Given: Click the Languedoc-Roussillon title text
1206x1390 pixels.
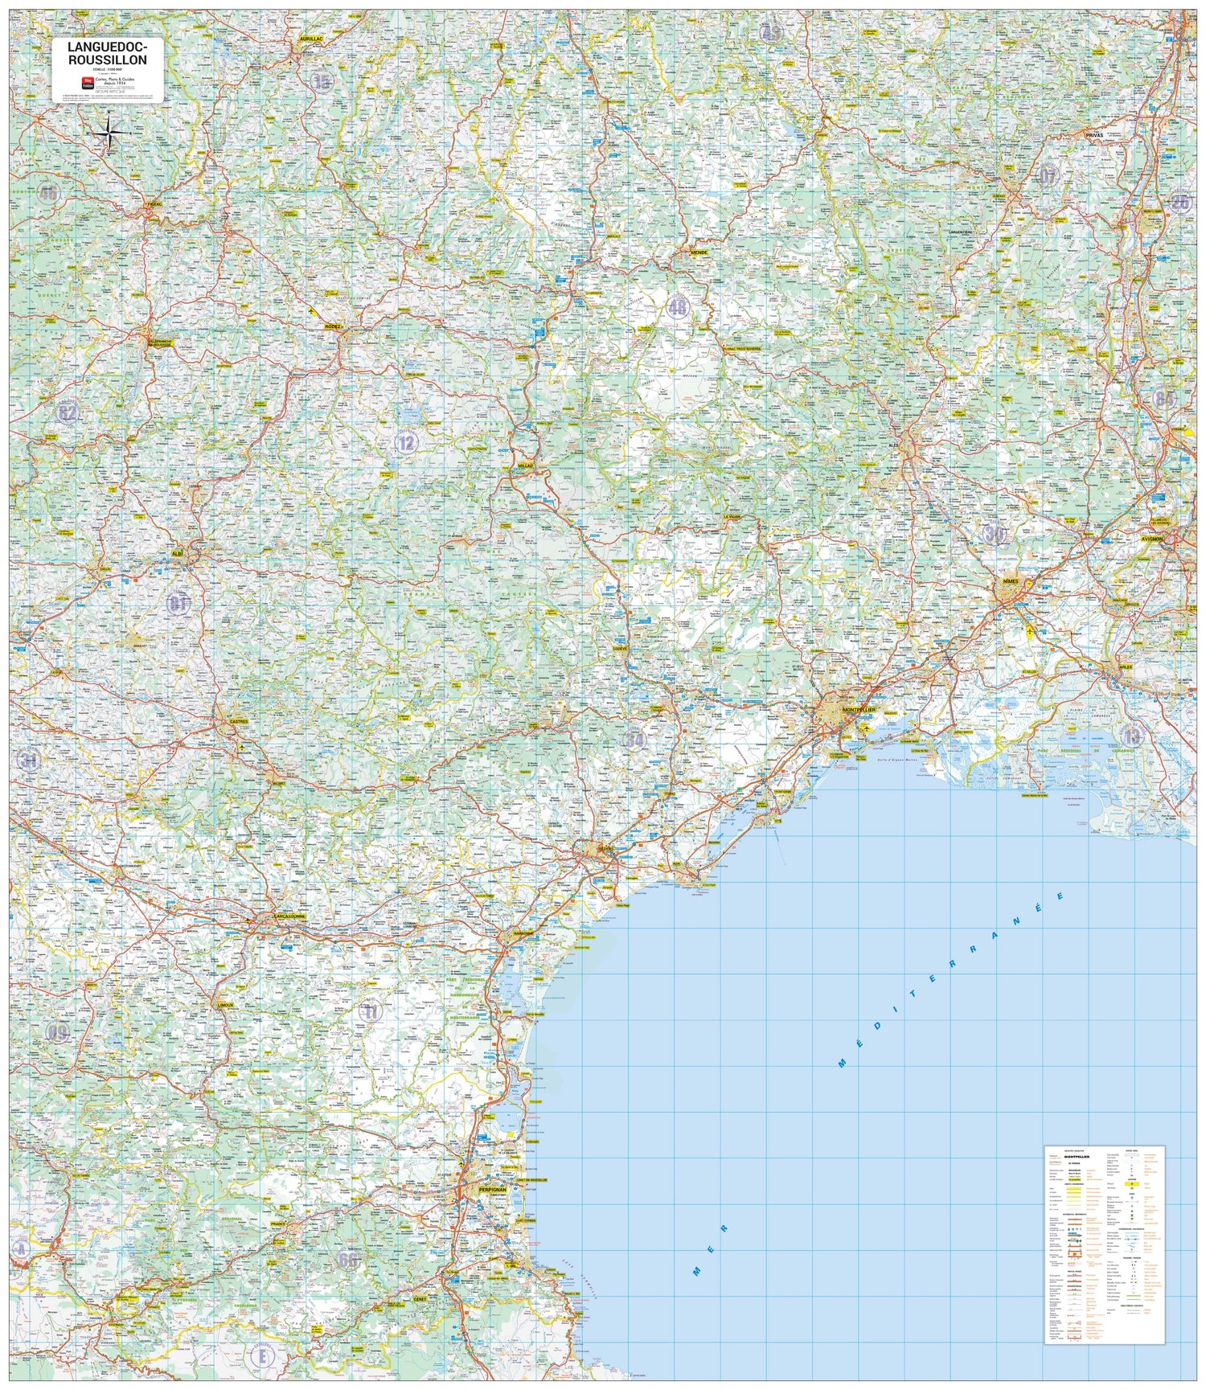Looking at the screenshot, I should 107,54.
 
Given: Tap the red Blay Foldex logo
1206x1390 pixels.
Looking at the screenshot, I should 88,81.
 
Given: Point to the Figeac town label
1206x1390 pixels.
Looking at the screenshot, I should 154,204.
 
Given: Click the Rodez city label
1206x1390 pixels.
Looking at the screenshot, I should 333,326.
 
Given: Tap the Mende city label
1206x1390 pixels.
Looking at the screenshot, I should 699,252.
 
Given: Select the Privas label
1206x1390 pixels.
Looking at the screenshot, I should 1094,135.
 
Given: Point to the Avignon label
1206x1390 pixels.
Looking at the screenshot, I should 1151,539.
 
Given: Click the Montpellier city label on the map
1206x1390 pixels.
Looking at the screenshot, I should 858,711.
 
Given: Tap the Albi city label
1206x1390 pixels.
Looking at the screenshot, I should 178,553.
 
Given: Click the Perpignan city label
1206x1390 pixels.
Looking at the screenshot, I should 491,1189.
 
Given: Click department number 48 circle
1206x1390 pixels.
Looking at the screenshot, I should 678,306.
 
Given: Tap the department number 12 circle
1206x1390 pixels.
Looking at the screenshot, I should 406,441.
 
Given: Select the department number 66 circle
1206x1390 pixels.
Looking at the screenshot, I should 347,1259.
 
